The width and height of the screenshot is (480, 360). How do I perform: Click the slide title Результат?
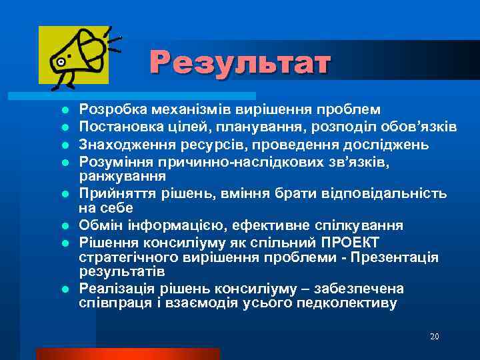(x=240, y=63)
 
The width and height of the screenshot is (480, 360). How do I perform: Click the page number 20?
(x=434, y=337)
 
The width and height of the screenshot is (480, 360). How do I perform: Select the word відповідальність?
(x=381, y=194)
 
